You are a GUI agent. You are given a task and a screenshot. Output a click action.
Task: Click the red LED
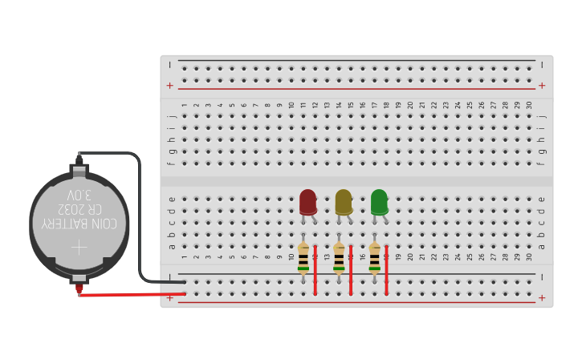point(307,202)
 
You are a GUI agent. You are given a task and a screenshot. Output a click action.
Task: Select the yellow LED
point(344,202)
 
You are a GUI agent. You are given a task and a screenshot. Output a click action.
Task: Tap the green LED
point(379,202)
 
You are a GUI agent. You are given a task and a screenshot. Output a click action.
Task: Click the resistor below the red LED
point(303,258)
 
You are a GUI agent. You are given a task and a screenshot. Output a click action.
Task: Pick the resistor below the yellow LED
point(339,258)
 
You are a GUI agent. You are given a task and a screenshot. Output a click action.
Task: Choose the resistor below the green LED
point(374,258)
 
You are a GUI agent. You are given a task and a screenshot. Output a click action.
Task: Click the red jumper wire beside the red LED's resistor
point(315,269)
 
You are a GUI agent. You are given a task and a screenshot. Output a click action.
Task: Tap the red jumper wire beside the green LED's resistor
point(386,269)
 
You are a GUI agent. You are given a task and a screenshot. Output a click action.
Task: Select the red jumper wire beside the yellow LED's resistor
point(351,269)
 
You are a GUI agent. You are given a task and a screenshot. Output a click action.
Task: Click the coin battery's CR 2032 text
point(79,210)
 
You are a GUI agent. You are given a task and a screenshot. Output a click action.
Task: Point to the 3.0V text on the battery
point(79,196)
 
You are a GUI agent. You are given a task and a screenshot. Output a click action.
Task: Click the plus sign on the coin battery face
point(79,247)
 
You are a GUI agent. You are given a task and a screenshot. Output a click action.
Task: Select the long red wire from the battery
point(132,294)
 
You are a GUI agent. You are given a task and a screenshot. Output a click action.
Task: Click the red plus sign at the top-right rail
point(542,85)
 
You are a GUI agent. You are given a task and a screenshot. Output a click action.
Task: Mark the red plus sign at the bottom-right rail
point(542,297)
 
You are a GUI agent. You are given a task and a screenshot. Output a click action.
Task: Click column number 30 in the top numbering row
point(529,105)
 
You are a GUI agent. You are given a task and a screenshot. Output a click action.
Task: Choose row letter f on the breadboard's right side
point(542,163)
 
